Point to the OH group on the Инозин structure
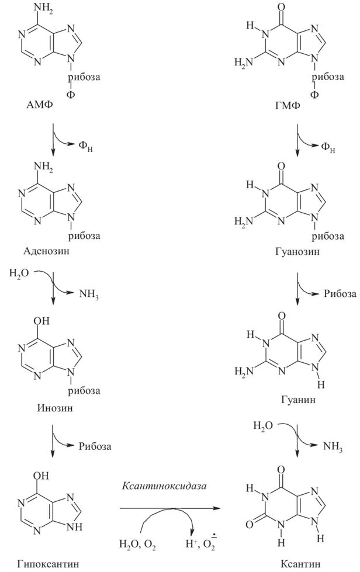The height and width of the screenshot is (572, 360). point(44,320)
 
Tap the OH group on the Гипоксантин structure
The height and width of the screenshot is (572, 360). point(44,476)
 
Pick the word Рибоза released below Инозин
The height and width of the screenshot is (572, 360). point(95,446)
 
